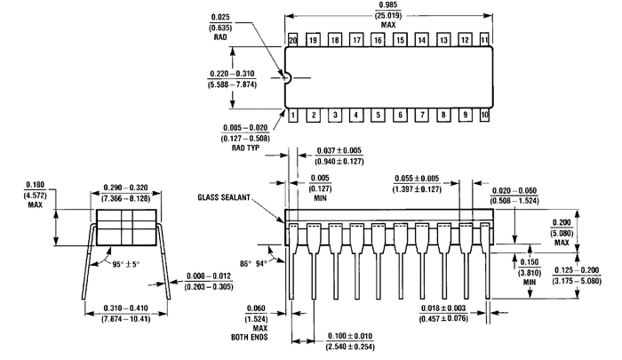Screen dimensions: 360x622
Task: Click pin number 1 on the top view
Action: [x=291, y=116]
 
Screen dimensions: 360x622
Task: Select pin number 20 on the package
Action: [x=291, y=41]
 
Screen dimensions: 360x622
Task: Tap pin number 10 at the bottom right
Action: [x=484, y=116]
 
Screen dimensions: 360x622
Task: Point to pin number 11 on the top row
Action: [x=484, y=41]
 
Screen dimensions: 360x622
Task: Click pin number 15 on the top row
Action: [x=399, y=41]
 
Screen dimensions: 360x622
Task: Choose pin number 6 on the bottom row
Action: [x=399, y=116]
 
